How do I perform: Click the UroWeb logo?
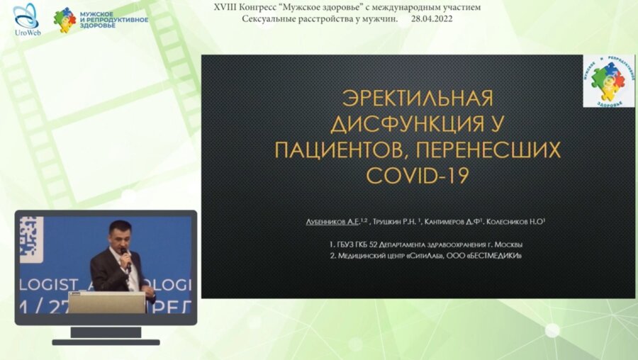[26, 20]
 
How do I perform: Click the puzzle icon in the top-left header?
[65, 20]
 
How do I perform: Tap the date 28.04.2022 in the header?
[432, 18]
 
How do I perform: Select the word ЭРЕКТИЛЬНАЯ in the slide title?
[418, 98]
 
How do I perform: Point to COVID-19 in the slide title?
[417, 176]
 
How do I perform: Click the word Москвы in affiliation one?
[508, 244]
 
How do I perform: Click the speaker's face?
[118, 234]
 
